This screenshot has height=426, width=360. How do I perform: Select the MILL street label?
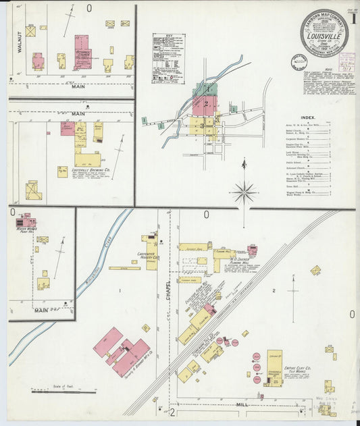pyautogui.click(x=241, y=404)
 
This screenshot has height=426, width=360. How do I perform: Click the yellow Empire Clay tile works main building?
pyautogui.click(x=274, y=367)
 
